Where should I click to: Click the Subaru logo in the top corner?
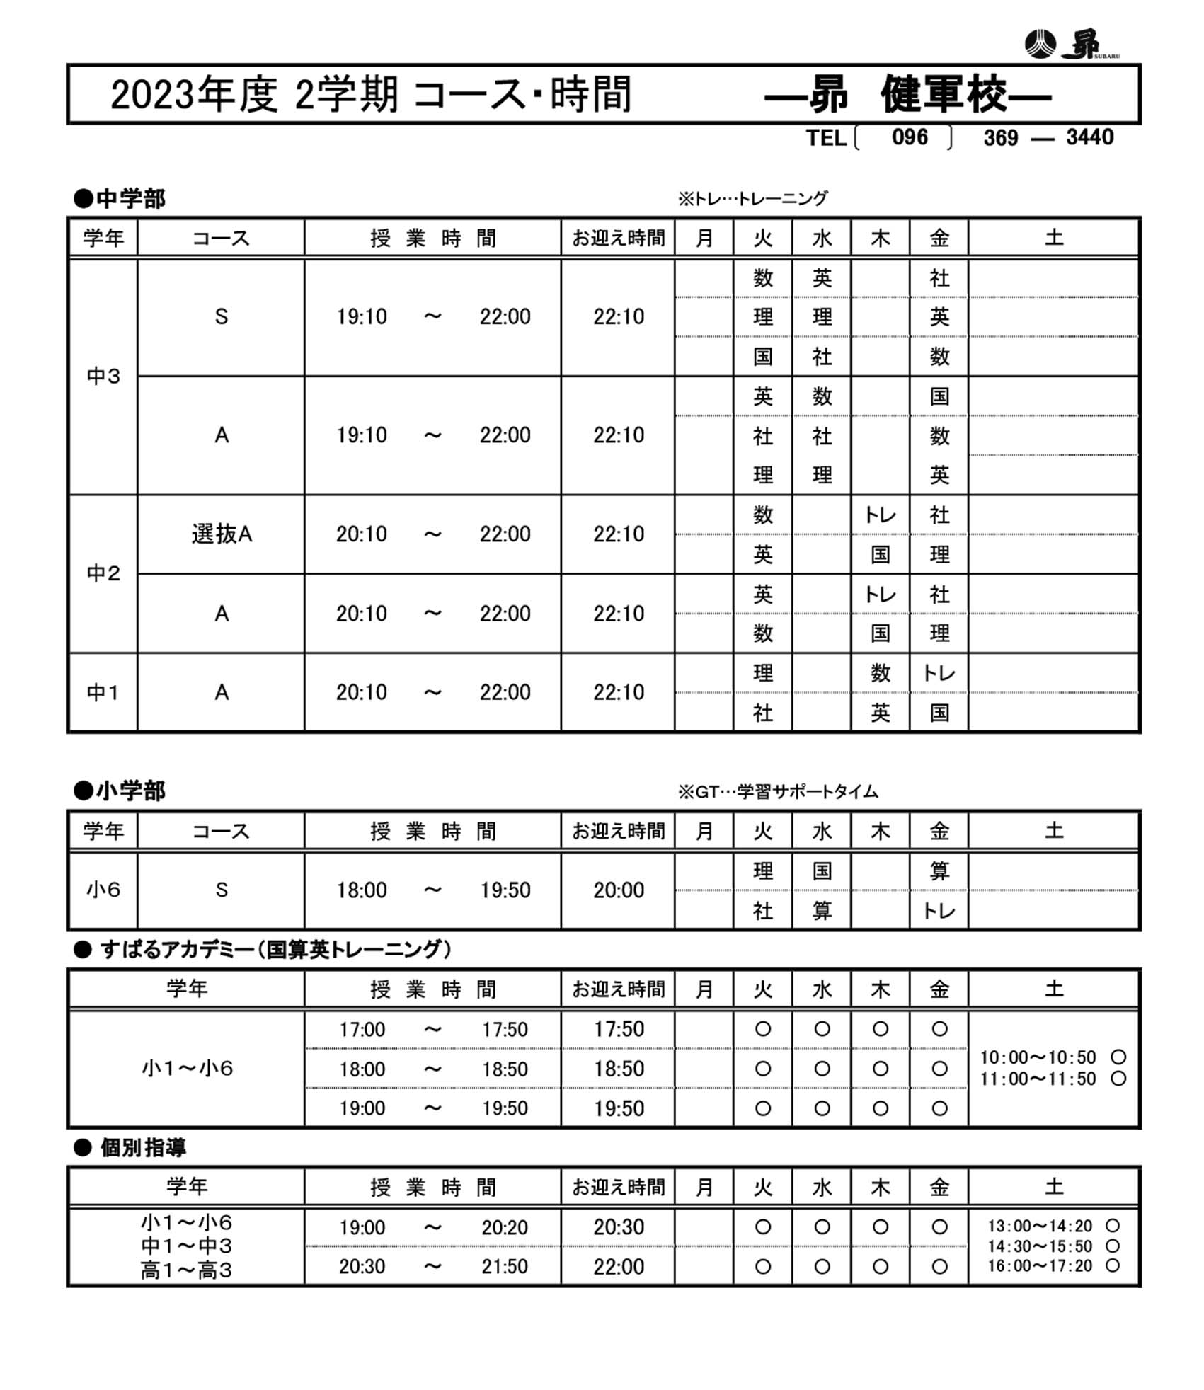coord(1070,44)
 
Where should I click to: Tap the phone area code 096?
coord(909,137)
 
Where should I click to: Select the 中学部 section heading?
coord(120,199)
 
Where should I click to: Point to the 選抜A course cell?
coord(222,534)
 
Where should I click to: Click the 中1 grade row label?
coord(103,692)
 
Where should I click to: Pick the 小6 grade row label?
coord(103,890)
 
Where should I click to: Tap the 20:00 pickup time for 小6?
coord(619,890)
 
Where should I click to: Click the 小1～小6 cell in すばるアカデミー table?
coord(187,1068)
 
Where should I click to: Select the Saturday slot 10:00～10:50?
coord(1038,1057)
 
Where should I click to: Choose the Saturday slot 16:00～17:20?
coord(1040,1266)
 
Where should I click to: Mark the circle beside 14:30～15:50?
coord(1113,1246)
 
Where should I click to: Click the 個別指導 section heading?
coord(142,1147)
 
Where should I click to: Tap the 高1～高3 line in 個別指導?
coord(186,1270)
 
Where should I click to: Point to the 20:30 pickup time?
coord(619,1227)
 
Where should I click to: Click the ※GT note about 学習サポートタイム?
coord(778,791)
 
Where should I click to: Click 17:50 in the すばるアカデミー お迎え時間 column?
coord(619,1029)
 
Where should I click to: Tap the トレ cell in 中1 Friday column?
coord(939,673)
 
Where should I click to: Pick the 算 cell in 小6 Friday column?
coord(939,871)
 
